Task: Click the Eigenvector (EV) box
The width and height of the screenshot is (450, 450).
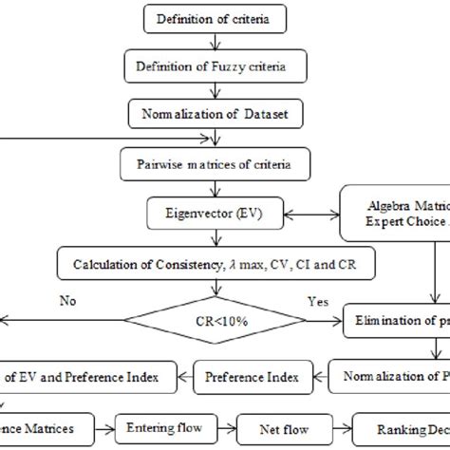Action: tap(201, 214)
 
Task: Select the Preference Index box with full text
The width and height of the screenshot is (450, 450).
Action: tap(252, 377)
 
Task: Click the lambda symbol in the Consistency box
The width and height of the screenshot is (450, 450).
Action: tap(232, 263)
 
